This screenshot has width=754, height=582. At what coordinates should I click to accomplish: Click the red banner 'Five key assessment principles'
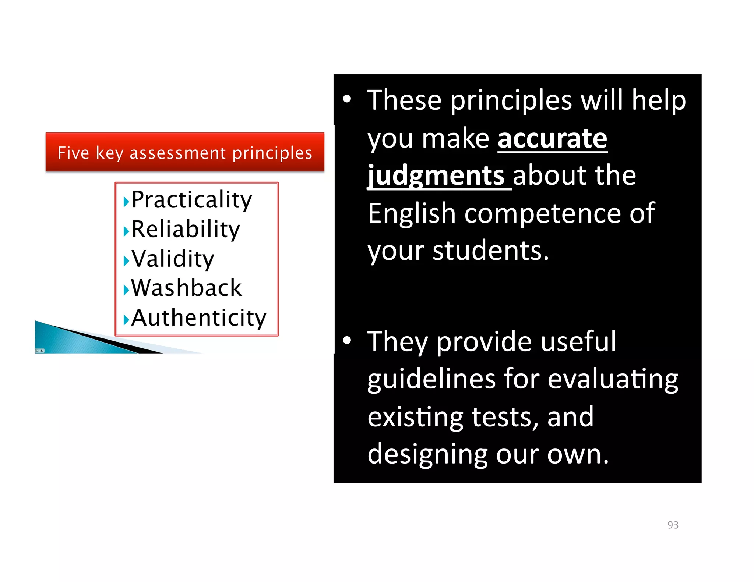pyautogui.click(x=185, y=152)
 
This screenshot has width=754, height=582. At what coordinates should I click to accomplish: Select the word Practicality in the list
pyautogui.click(x=191, y=200)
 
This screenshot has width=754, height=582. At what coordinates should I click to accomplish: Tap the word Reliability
pyautogui.click(x=186, y=229)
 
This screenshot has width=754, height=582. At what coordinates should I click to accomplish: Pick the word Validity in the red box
pyautogui.click(x=173, y=259)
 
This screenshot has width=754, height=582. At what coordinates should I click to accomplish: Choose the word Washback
pyautogui.click(x=187, y=288)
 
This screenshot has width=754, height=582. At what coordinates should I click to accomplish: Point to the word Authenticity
pyautogui.click(x=199, y=317)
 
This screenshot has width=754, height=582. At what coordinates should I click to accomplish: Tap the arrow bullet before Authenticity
pyautogui.click(x=126, y=320)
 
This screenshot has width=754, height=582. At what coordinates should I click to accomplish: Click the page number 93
pyautogui.click(x=673, y=525)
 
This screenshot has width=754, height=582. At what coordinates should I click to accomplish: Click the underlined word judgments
pyautogui.click(x=436, y=176)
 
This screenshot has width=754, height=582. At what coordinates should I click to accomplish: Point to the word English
pyautogui.click(x=412, y=213)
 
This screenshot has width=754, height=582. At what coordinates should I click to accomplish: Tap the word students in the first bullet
pyautogui.click(x=490, y=251)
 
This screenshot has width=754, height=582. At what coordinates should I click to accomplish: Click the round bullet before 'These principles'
pyautogui.click(x=347, y=99)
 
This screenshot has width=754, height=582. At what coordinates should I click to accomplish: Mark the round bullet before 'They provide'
pyautogui.click(x=347, y=340)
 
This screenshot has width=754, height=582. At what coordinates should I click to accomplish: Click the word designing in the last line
pyautogui.click(x=427, y=455)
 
